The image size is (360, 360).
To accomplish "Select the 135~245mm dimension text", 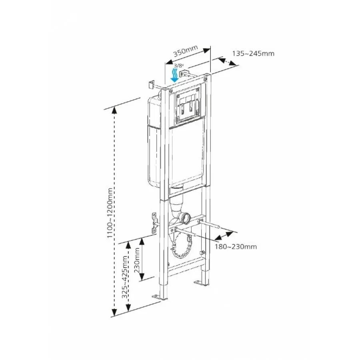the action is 253,53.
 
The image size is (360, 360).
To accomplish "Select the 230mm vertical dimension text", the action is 137,260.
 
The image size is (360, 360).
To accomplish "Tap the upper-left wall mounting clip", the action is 150,85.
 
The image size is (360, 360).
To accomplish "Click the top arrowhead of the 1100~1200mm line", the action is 115,109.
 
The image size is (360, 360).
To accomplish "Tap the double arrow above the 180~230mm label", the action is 225,235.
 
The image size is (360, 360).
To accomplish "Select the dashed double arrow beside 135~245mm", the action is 226,61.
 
